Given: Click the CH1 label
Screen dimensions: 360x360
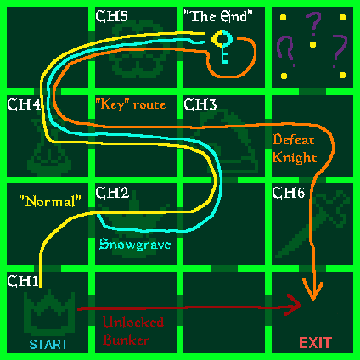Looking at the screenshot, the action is coord(23,281).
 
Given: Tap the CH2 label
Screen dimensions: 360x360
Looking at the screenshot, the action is coord(112,193).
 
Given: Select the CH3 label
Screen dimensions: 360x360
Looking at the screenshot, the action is coord(200,104).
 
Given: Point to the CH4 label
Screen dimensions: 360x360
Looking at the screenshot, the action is coord(24,104).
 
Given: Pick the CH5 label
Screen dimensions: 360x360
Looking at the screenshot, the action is coord(111,16).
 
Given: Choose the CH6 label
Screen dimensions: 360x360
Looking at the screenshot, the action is coord(289,193).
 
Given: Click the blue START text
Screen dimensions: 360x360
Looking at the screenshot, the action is coord(48,345).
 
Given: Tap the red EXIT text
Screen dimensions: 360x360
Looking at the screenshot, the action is coord(316,343).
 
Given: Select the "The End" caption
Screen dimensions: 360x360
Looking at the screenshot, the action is coord(218,16).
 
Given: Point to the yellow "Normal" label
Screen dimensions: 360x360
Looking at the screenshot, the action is coord(50,201).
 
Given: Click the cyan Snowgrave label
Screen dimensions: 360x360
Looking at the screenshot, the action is coord(135,245).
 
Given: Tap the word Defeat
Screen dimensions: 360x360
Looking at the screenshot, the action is coord(294,140).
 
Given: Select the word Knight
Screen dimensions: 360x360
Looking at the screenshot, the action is coord(295,158).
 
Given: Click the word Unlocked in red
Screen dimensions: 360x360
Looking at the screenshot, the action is coord(133,322).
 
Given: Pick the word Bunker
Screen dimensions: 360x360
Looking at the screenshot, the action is coord(126,340).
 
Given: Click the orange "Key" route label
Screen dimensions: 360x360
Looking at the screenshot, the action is coord(131,104).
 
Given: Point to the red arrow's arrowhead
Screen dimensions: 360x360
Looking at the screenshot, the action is coord(295,305).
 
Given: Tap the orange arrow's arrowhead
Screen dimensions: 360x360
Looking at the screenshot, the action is coord(312,290).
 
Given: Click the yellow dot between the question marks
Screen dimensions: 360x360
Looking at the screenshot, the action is coord(312,44).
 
